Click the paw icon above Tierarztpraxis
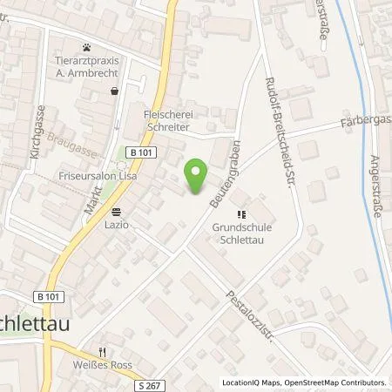click(87, 47)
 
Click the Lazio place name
click(117, 225)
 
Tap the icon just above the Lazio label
click(117, 211)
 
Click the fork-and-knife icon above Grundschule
click(242, 212)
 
